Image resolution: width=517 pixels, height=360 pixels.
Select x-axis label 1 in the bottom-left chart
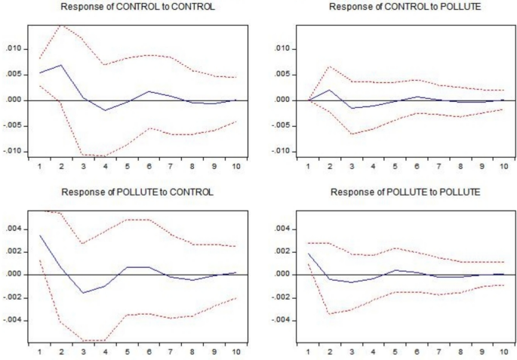click(28, 351)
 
